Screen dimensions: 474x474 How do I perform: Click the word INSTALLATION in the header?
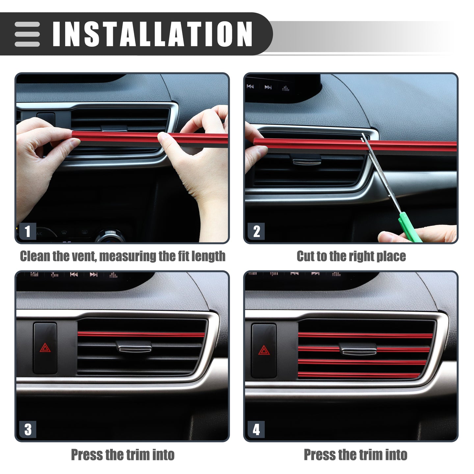(x=152, y=34)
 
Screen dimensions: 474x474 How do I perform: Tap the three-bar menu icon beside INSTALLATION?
(x=27, y=34)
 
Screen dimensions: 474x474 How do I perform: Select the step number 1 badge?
(x=28, y=231)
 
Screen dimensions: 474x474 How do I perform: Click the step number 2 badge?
(x=256, y=231)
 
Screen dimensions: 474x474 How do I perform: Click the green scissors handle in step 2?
(x=409, y=227)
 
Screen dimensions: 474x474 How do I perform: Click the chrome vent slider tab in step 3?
(x=134, y=347)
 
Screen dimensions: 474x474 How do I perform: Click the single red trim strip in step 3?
(x=141, y=334)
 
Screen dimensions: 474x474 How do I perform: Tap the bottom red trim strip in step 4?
(x=359, y=375)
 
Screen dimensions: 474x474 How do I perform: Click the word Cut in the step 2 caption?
(x=305, y=256)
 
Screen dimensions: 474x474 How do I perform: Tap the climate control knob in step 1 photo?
(x=110, y=236)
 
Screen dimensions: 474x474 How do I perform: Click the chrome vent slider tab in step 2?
(x=307, y=161)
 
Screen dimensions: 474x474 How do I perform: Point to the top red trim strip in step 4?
(x=365, y=335)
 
